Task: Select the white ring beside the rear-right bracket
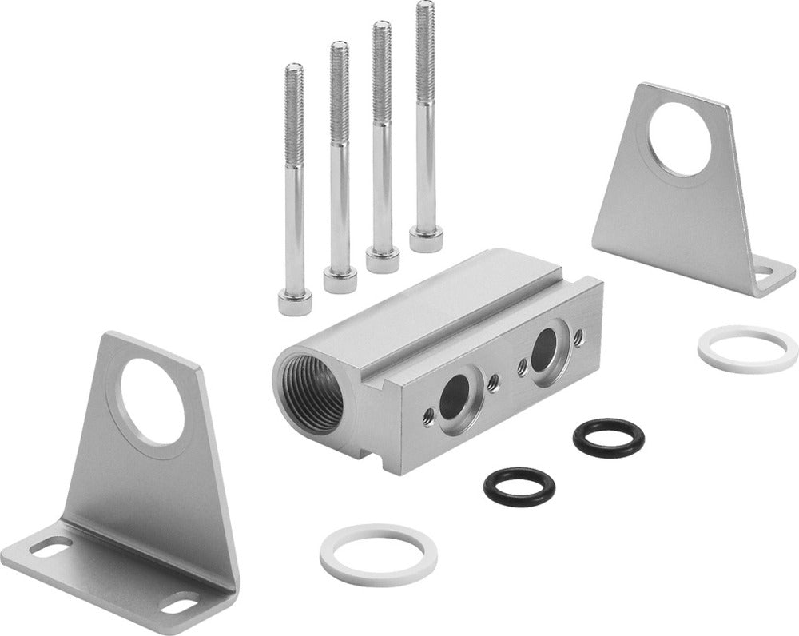747,349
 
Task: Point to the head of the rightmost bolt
426,238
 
